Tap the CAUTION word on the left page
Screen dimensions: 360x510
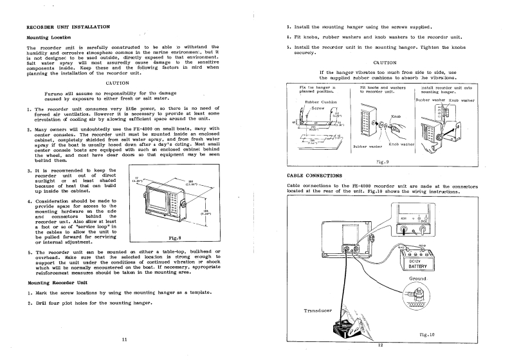(x=119, y=83)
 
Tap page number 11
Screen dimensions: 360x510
(x=123, y=338)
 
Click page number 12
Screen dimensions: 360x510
(x=380, y=345)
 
